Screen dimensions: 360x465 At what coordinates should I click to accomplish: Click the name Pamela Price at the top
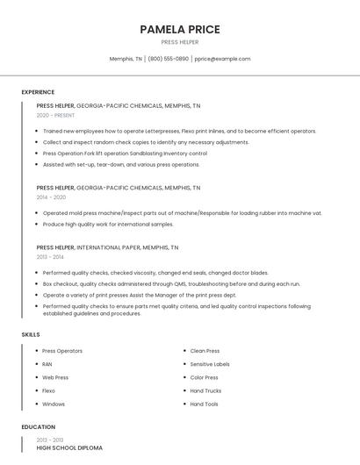(x=180, y=29)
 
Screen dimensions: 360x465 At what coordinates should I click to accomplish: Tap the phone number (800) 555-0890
(x=168, y=59)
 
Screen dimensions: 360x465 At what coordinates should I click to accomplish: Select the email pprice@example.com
(x=222, y=59)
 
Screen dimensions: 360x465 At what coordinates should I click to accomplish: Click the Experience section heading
(x=38, y=92)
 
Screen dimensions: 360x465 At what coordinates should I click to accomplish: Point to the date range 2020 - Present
(x=54, y=115)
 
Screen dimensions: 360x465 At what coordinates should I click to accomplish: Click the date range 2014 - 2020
(x=51, y=197)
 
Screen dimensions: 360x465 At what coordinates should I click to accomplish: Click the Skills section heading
(x=31, y=334)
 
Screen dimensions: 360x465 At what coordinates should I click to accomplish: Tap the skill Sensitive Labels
(x=210, y=364)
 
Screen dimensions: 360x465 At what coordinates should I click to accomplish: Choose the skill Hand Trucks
(x=205, y=390)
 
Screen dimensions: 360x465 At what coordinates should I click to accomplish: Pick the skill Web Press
(x=55, y=377)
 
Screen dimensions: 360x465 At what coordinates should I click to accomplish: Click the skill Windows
(x=54, y=404)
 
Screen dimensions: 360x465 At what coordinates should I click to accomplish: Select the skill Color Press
(x=205, y=377)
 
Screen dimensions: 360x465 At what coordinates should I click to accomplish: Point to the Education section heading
(x=38, y=427)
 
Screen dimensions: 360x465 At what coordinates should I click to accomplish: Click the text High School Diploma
(x=69, y=447)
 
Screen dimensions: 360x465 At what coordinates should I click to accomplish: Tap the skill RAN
(x=47, y=364)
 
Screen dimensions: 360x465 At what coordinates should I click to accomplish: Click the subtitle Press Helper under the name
(x=180, y=42)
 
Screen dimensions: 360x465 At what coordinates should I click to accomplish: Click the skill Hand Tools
(x=204, y=404)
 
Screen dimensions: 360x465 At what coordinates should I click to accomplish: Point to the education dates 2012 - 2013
(x=50, y=440)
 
